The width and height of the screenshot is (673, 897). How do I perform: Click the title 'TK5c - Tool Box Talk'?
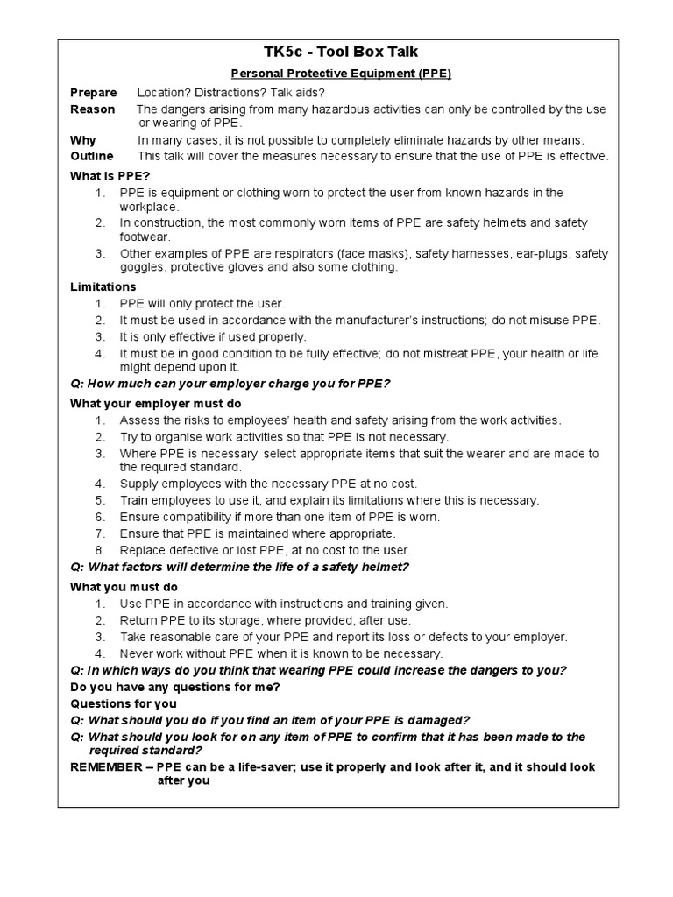coord(336,53)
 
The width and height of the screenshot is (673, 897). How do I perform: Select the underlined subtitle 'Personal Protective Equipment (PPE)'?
coord(336,74)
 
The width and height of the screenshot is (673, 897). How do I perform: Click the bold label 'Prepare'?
coord(93,93)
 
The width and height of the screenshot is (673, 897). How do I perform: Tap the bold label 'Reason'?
coord(92,109)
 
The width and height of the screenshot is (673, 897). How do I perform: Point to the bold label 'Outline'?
coord(92,156)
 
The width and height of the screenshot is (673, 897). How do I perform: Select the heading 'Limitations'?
coord(103,286)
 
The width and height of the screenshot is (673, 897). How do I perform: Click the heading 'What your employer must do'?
coord(150,403)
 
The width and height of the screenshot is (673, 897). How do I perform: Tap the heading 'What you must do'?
coord(124,587)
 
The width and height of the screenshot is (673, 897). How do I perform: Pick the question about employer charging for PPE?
coord(230,384)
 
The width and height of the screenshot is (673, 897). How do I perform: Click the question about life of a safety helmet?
coord(239,568)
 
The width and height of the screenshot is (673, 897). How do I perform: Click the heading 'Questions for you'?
coord(123,703)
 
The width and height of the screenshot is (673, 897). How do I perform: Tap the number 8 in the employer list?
coord(101,550)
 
